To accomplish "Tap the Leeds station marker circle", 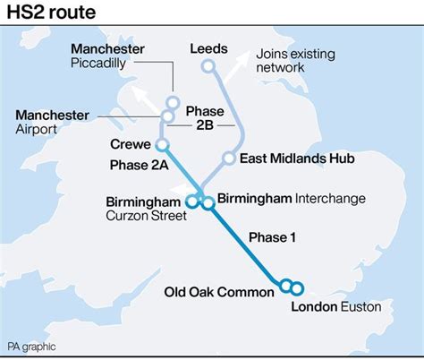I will (208, 65).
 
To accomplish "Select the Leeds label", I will (209, 48).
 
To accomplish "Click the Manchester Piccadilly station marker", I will (173, 102).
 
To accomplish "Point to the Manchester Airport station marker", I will (166, 116).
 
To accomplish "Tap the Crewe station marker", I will (162, 143).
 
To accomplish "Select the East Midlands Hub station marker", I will (229, 159).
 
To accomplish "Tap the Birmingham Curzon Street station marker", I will (197, 203).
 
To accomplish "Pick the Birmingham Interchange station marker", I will (208, 203).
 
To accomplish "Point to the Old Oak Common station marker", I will (286, 287).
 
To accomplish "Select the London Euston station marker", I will (297, 287).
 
